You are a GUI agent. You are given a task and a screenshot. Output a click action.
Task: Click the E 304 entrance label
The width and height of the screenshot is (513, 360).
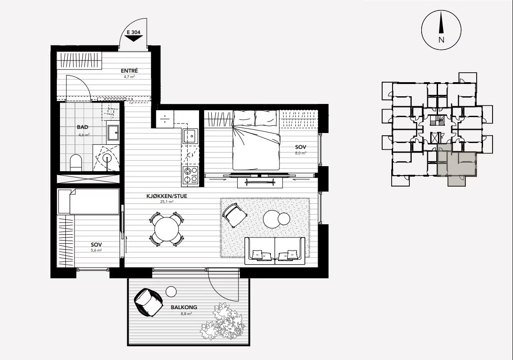[x=133, y=32]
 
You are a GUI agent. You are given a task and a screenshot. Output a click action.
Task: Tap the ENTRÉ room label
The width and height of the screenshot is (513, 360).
[x=129, y=71]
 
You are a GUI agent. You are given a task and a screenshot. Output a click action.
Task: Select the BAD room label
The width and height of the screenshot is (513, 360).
[x=82, y=127]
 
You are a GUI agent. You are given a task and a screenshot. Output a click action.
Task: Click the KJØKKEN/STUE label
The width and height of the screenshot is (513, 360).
[x=166, y=196]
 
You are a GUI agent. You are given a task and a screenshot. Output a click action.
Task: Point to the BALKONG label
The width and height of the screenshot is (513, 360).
[x=184, y=307]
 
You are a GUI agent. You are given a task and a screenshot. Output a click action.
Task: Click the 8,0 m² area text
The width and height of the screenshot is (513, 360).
[x=301, y=153]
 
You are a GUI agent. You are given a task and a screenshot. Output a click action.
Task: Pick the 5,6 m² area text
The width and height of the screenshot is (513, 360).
[x=96, y=251]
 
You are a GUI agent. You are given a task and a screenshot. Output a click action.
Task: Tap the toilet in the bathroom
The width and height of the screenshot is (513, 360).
[x=76, y=163]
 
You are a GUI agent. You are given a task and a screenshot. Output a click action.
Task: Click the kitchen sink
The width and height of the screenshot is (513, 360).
[x=190, y=136]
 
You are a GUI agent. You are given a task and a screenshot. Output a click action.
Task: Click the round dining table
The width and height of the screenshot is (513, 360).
[x=166, y=228]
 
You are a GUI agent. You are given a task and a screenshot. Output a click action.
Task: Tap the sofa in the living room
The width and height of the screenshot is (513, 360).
[x=275, y=251]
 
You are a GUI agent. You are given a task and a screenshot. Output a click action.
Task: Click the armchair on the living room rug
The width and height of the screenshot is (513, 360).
[x=234, y=214]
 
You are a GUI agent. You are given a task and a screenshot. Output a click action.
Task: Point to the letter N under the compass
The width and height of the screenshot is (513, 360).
[x=441, y=40]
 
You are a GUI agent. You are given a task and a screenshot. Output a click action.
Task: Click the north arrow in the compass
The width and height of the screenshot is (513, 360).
[x=441, y=22]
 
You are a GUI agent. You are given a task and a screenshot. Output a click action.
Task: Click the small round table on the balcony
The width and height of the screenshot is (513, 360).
[x=171, y=291]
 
